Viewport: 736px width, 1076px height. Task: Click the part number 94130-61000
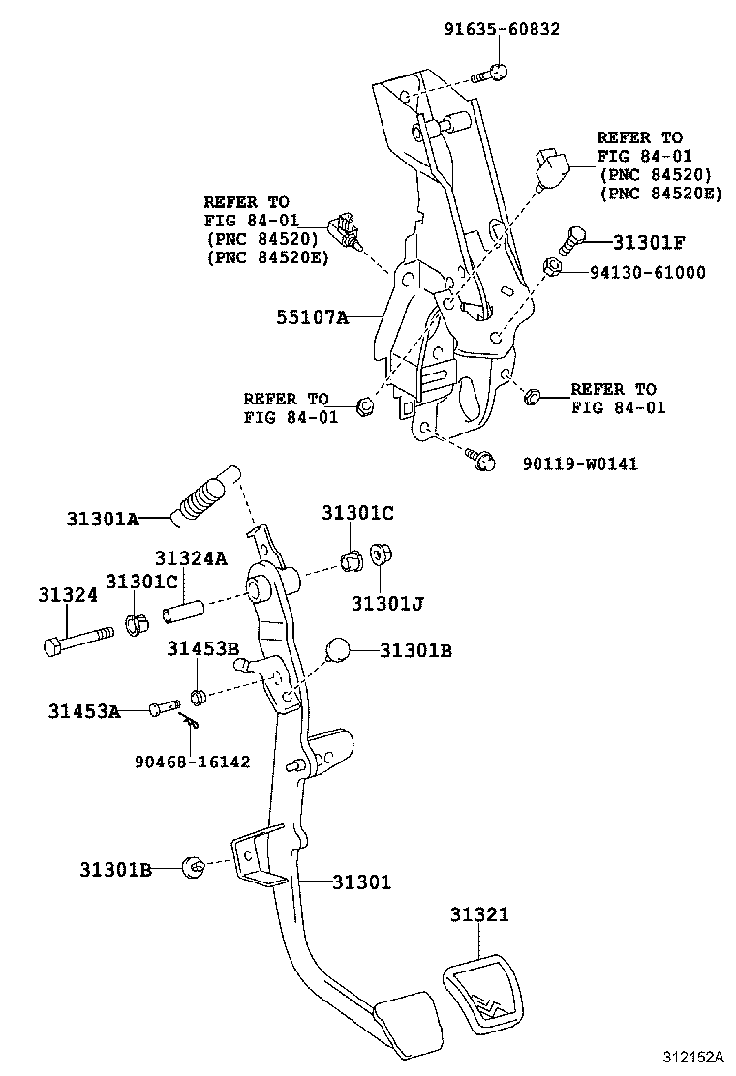647,272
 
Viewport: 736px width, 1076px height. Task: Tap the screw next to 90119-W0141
481,460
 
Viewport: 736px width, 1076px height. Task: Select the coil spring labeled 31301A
201,496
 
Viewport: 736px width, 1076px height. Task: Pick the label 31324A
190,558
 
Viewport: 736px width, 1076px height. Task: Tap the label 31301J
386,603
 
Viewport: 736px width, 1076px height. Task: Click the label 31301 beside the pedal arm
361,882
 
